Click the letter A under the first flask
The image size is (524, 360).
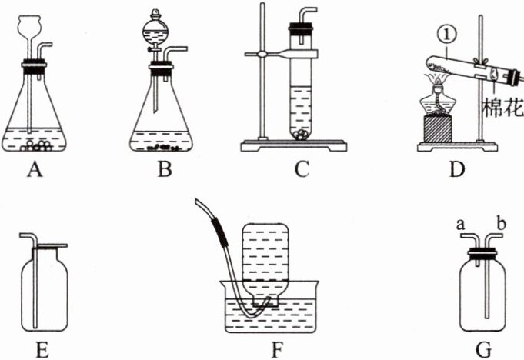point(33,169)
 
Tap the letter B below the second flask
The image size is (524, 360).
point(163,169)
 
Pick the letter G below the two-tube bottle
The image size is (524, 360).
point(483,351)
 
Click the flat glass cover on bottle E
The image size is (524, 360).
point(48,246)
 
